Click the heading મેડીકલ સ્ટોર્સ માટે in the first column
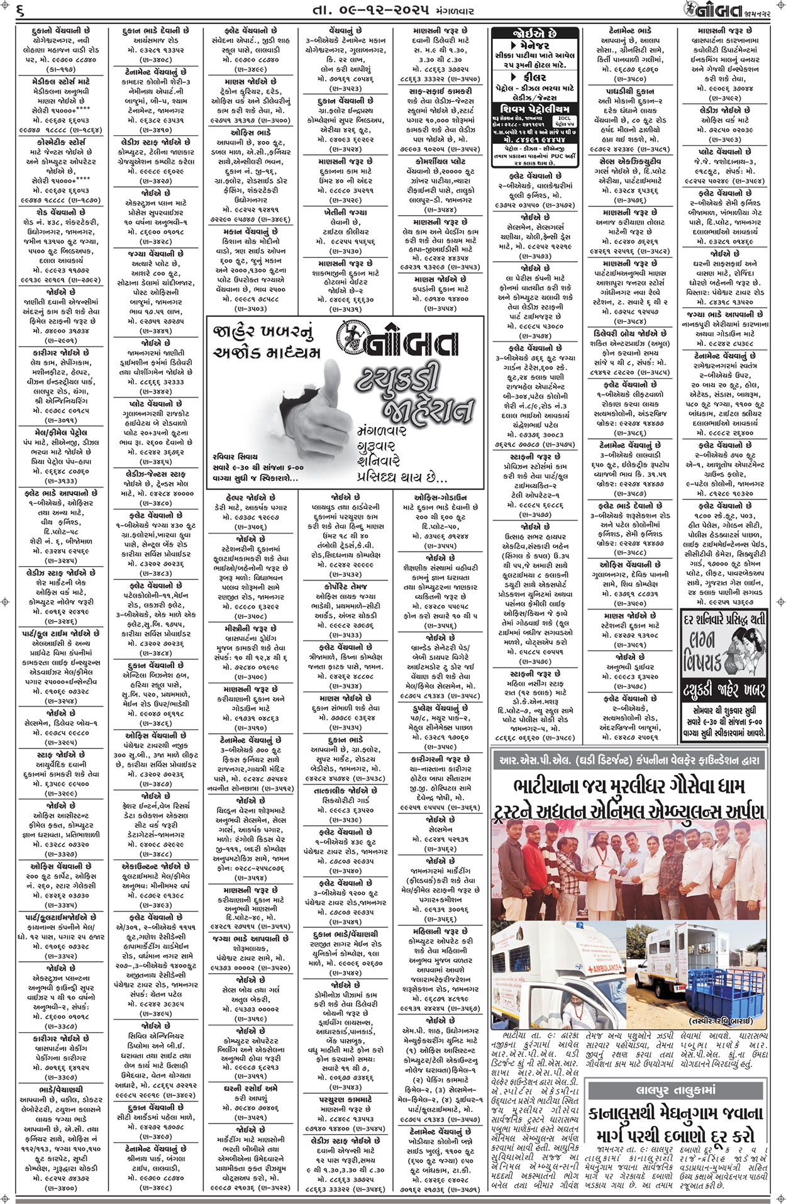61,81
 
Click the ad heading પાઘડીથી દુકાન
629,91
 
